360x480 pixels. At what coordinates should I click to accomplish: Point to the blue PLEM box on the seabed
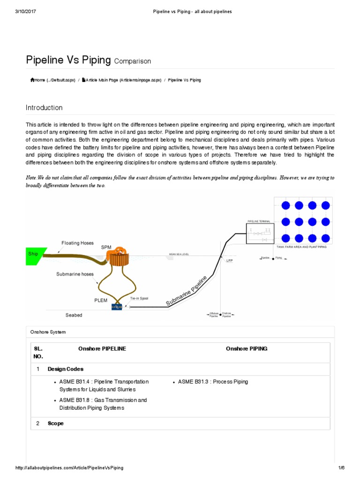(x=116, y=307)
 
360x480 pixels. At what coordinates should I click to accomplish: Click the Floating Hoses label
(x=78, y=243)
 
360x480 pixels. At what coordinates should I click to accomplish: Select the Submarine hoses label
(x=75, y=274)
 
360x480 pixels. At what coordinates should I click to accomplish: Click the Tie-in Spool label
(x=139, y=298)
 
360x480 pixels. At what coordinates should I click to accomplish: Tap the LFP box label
(x=229, y=261)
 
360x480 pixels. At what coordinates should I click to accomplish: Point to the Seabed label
(x=74, y=315)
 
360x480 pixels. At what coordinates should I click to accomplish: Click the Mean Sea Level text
(x=182, y=255)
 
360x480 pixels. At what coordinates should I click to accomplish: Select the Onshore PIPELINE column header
(x=102, y=349)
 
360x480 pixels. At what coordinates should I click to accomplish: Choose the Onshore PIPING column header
(x=247, y=349)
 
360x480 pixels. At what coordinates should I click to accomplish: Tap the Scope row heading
(x=56, y=423)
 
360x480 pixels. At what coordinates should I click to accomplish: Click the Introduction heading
(x=44, y=108)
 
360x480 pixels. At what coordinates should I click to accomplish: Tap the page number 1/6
(x=341, y=468)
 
